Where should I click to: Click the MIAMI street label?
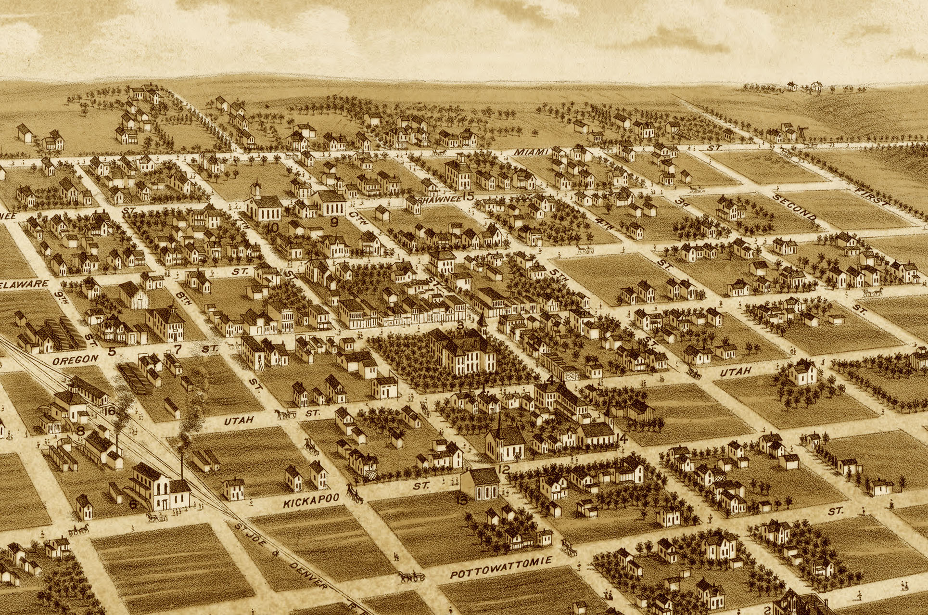(531, 152)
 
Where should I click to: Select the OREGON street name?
(76, 359)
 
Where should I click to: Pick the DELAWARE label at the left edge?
(24, 285)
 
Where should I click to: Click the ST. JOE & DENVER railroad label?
(281, 557)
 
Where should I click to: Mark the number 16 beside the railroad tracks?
(110, 410)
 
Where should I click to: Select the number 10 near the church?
(272, 228)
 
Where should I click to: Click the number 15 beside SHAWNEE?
(468, 196)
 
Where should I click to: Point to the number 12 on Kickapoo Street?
(504, 469)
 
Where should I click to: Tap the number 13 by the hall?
(462, 500)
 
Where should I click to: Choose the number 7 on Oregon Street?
(178, 349)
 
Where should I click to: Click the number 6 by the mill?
(133, 504)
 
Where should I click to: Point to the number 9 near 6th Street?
(334, 222)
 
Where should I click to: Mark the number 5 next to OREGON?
(112, 352)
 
